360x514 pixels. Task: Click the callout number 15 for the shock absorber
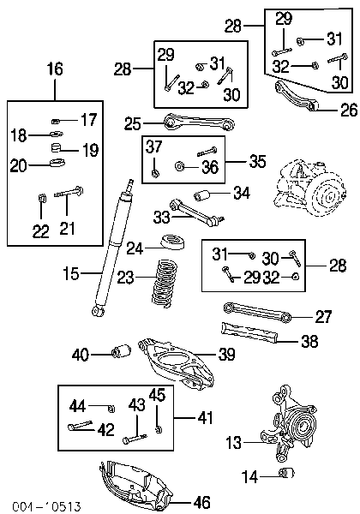[71, 273]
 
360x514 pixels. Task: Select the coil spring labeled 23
[165, 284]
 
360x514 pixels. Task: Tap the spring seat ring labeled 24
[172, 242]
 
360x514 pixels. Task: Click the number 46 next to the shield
[201, 502]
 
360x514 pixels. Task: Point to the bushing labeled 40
[122, 352]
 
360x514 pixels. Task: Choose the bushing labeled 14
[287, 473]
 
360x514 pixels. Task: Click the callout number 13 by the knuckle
[233, 443]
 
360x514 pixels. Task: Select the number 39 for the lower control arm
[226, 355]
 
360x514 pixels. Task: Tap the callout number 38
[309, 341]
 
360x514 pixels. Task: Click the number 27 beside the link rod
[323, 317]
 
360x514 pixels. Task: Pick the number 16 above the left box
[55, 69]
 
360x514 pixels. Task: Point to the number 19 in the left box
[90, 150]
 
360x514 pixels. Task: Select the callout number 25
[133, 124]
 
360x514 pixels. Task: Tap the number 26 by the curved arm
[349, 111]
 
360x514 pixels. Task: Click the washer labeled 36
[179, 166]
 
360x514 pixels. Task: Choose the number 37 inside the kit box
[154, 146]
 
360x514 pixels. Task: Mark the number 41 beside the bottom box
[206, 418]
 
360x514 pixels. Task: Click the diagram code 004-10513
[46, 506]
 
